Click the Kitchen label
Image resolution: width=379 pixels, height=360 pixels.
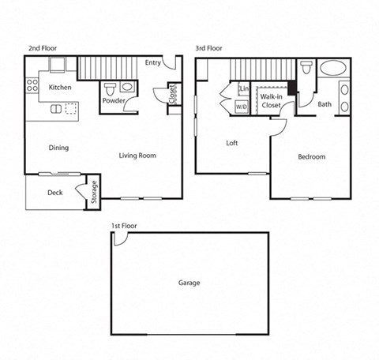click(x=61, y=88)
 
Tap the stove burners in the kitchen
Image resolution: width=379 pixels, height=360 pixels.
click(x=32, y=84)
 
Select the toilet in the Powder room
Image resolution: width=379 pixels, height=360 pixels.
click(x=111, y=87)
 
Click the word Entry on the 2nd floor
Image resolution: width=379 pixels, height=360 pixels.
click(x=155, y=63)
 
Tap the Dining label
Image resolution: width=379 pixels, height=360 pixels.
click(x=58, y=148)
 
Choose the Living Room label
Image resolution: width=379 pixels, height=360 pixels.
click(x=137, y=156)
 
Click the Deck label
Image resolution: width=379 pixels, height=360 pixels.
click(x=54, y=192)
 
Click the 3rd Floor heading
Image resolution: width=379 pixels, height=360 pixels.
click(x=209, y=48)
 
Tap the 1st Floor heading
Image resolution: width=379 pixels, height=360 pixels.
click(x=124, y=226)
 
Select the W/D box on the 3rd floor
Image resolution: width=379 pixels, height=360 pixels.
click(x=241, y=105)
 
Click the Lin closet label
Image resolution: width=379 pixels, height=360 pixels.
click(x=242, y=89)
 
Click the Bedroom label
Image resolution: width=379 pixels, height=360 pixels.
click(x=311, y=156)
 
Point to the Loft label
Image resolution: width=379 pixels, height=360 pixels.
click(x=232, y=143)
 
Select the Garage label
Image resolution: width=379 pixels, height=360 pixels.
click(x=189, y=283)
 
